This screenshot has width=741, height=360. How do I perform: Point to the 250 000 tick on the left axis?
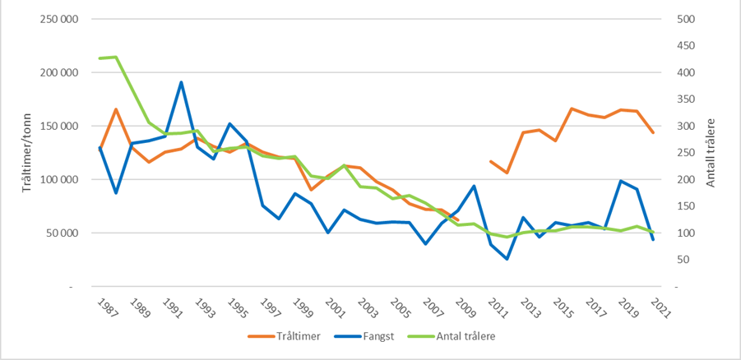coord(59,19)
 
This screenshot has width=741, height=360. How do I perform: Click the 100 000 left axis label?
coord(59,180)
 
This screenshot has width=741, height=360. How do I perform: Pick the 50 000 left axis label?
coord(63,233)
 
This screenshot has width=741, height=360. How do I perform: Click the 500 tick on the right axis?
coord(685,19)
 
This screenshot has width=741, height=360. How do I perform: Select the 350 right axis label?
coord(685,99)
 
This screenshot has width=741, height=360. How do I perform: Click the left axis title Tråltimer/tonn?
coord(14,153)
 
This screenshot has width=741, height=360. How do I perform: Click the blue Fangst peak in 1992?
coord(181,82)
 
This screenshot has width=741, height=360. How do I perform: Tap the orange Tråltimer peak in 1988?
coord(116,109)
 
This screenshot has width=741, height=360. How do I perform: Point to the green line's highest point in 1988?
coord(116,57)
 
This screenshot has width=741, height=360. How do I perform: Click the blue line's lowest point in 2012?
coord(507,259)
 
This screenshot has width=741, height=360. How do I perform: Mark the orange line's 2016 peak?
coord(571,108)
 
